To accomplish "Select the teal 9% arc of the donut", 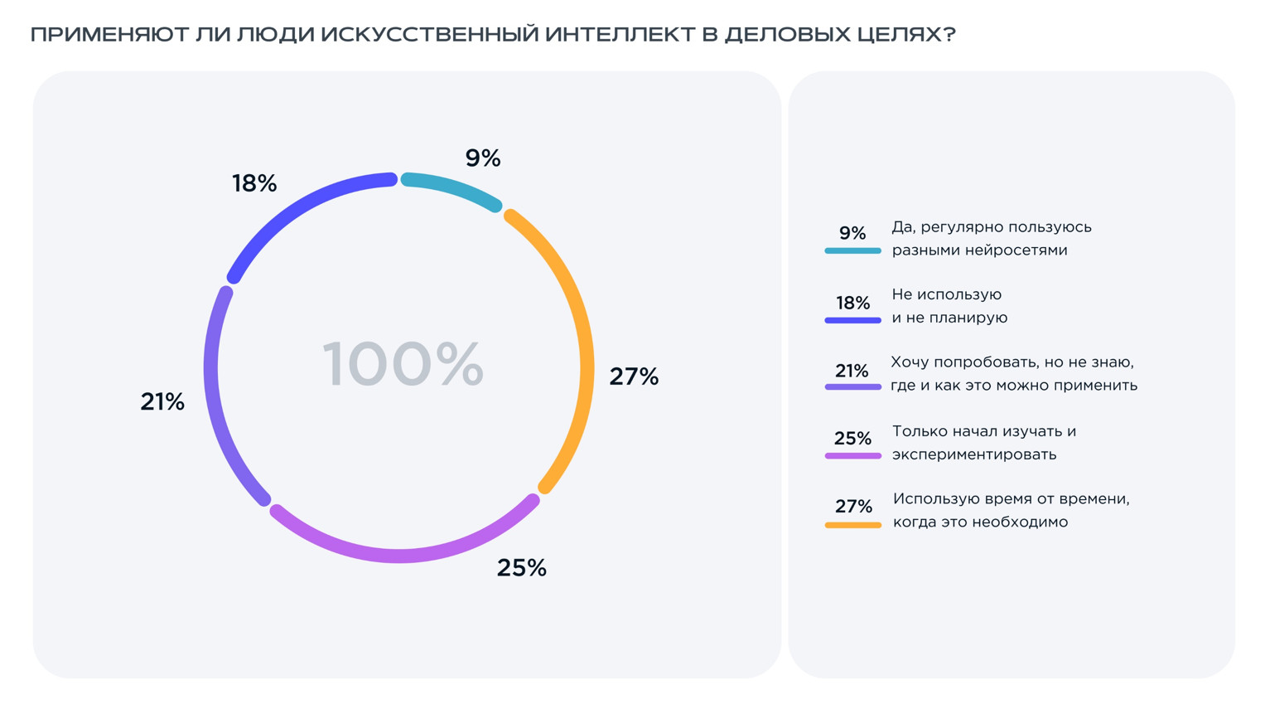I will [451, 187].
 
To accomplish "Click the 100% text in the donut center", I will [403, 364].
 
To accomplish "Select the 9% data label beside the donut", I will [483, 158].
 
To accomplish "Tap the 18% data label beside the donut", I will [254, 183].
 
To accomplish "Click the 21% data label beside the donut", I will [162, 401].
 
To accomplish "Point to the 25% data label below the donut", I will [522, 568].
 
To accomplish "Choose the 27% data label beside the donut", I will [634, 376].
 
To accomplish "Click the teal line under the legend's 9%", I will [852, 250].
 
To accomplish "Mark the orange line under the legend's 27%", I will [852, 525].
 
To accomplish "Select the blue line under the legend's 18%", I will [852, 320].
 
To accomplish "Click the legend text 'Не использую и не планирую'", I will [949, 306].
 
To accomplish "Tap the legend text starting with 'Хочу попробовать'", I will [1013, 374].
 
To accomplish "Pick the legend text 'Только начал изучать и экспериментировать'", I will [983, 443].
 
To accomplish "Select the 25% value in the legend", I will [852, 438].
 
